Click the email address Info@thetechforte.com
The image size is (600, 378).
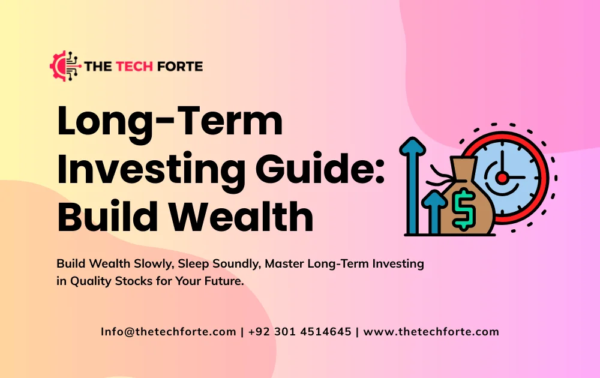pos(168,332)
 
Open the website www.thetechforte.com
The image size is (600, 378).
pos(431,332)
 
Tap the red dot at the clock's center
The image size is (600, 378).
pos(502,177)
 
